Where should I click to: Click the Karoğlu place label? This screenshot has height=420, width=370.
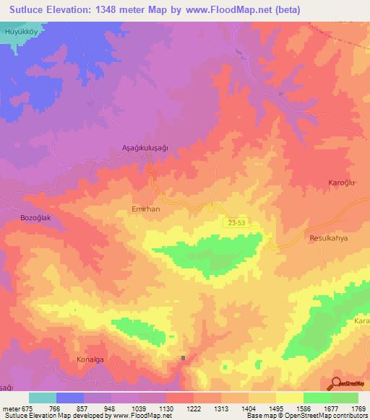point(343,183)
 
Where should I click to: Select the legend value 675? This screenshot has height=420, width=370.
point(27,408)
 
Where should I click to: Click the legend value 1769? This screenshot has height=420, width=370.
point(356,408)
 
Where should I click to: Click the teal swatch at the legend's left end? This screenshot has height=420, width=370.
point(43,398)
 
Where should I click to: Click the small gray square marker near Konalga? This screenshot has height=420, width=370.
point(184,357)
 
